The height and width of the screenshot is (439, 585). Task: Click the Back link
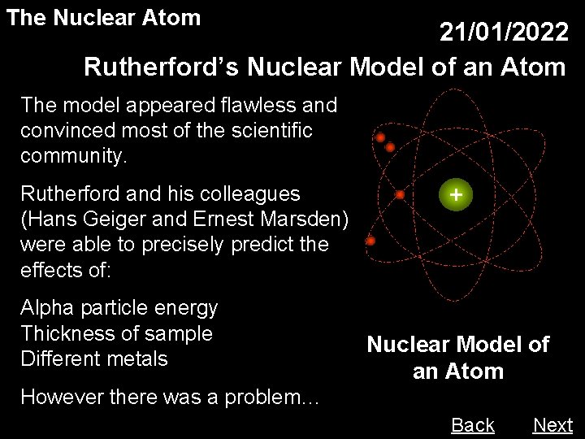(472, 424)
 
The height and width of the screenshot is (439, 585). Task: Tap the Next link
(552, 424)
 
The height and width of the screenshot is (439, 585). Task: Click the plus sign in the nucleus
(457, 196)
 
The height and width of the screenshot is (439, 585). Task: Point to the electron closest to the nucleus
(401, 195)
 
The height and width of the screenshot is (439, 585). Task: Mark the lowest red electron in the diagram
(371, 241)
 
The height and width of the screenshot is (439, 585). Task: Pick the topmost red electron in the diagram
(380, 137)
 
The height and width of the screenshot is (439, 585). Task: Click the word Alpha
(49, 308)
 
